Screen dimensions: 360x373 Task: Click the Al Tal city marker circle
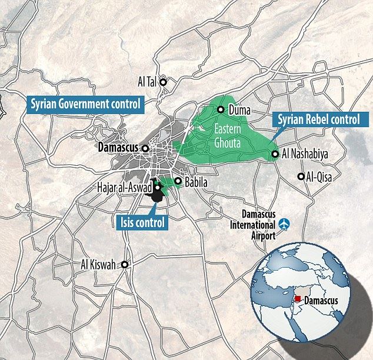[x=165, y=82]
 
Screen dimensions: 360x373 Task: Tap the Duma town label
[x=239, y=110]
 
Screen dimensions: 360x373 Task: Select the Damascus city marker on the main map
[x=145, y=149]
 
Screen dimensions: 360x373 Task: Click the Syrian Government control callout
[x=86, y=104]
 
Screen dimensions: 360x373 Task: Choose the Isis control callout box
[x=139, y=222]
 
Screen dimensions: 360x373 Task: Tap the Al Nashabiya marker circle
[x=275, y=155]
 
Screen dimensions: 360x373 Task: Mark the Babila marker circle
[x=178, y=181]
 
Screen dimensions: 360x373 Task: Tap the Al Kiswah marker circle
[x=125, y=265]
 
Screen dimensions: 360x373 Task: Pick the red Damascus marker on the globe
[x=299, y=300]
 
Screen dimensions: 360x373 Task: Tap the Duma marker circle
[x=221, y=109]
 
